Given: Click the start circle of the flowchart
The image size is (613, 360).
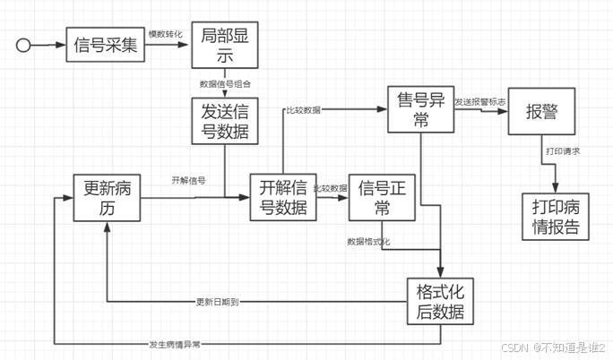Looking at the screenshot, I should pos(26,44).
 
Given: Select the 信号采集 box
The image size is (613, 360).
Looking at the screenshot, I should pos(105,44).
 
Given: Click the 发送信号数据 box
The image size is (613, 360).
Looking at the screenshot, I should pos(224,122).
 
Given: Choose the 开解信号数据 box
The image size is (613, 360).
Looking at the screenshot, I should pos(282,198).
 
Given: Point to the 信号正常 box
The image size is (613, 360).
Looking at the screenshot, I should pos(381,197).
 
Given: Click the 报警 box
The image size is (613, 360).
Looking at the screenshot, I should pos(541,111).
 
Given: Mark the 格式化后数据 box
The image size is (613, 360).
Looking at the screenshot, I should pos(439,301).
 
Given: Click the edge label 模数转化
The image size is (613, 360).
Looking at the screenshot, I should pos(165,34).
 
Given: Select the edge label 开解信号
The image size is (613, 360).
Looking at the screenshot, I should pos(188,180).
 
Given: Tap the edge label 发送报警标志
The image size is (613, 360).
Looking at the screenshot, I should pos(479,101).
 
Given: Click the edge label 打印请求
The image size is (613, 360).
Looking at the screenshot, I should pos(564,151).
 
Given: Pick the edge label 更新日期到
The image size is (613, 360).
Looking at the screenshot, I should pos(217,301).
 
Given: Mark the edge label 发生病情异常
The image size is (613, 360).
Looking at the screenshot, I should pos(175,344).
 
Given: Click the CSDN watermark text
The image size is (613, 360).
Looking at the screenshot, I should pos(553,347).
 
